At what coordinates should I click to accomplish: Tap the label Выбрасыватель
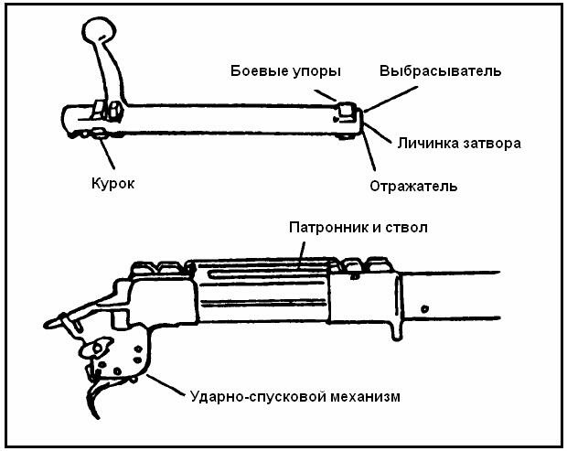(440, 70)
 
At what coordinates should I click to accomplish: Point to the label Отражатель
(413, 187)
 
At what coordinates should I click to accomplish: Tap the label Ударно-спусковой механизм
(294, 397)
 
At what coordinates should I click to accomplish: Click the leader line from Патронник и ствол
(303, 252)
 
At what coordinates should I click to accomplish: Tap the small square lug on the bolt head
(346, 114)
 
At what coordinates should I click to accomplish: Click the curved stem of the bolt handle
(112, 78)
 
